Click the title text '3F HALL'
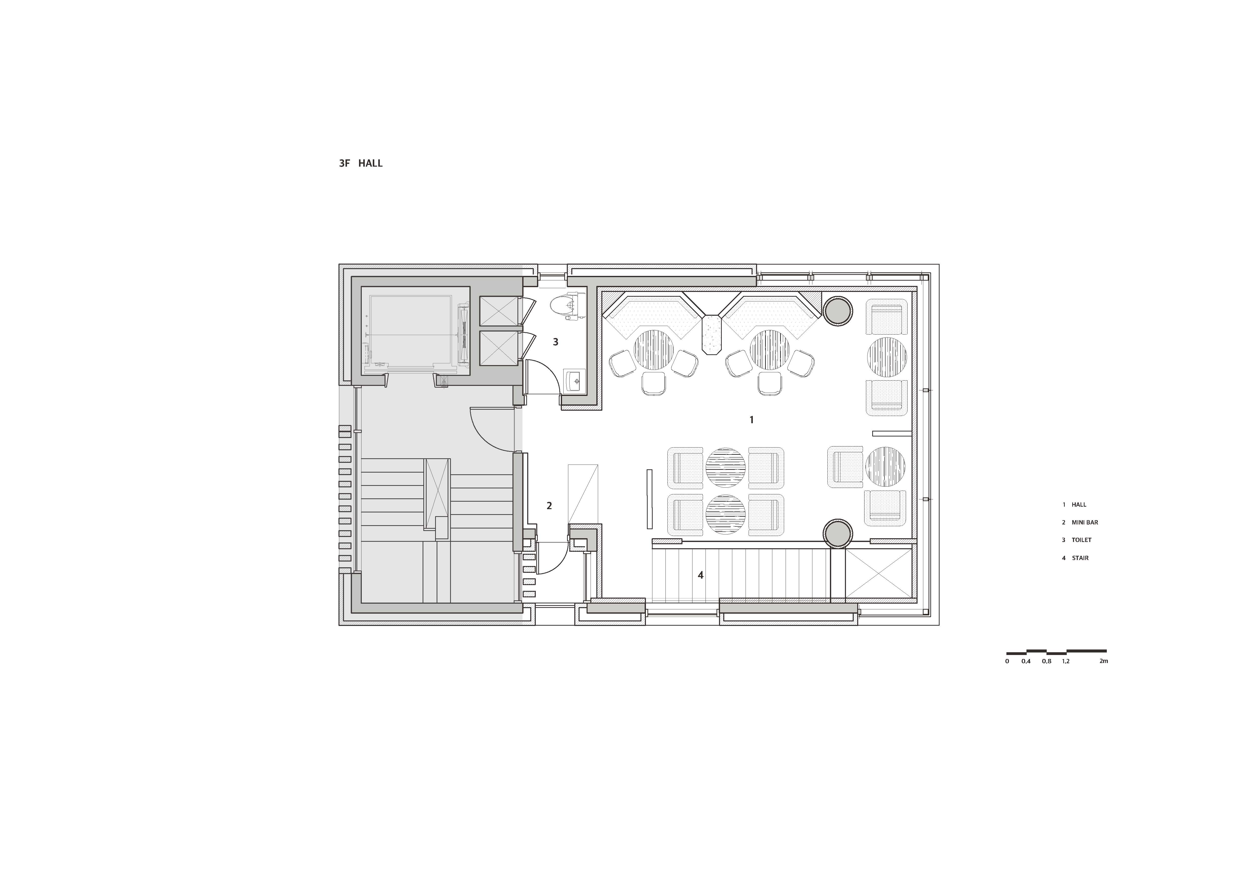point(361,163)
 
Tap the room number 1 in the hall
point(751,419)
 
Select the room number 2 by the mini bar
point(549,506)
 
